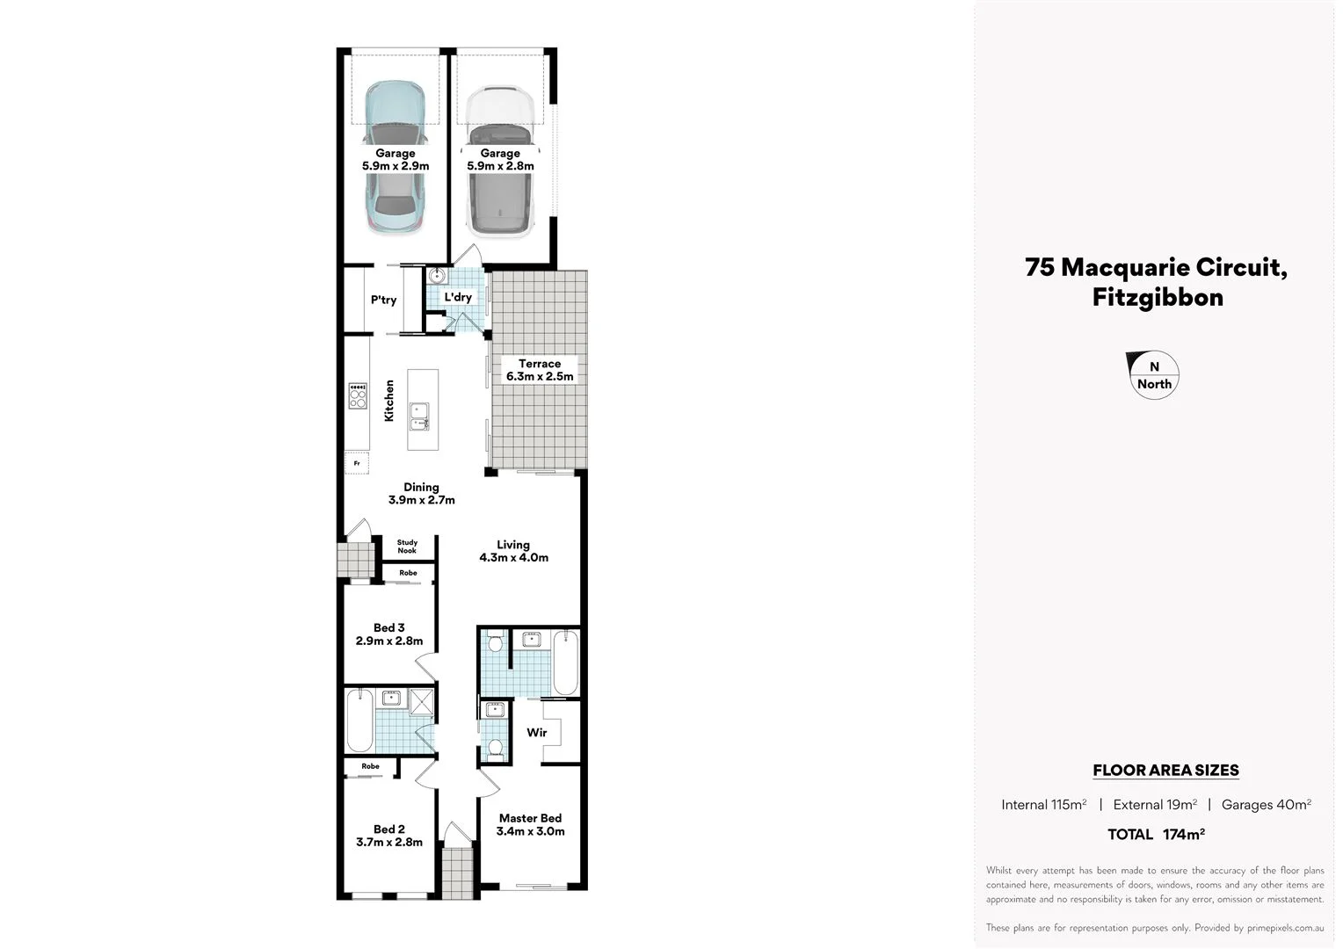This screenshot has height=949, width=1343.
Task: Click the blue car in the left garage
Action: click(x=396, y=158)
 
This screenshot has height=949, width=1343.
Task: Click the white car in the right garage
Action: click(x=500, y=163)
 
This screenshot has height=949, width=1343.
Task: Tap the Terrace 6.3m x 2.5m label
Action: click(x=540, y=370)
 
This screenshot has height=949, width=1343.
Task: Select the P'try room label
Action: click(x=383, y=300)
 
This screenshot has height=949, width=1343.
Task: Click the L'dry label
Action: click(x=458, y=297)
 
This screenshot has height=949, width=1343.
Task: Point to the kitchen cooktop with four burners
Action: click(x=357, y=395)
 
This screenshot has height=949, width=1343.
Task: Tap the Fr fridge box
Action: click(x=357, y=462)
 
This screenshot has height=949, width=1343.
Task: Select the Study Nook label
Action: click(x=407, y=547)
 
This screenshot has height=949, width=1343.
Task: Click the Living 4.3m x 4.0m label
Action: click(x=513, y=551)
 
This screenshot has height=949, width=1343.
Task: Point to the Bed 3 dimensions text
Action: click(x=389, y=641)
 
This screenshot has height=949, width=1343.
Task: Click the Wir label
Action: click(x=536, y=732)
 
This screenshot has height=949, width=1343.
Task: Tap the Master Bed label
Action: click(x=530, y=818)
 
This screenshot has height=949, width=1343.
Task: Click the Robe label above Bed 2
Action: click(x=371, y=766)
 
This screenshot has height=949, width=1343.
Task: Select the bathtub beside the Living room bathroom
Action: click(x=566, y=662)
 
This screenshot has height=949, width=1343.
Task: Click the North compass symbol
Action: click(x=1153, y=375)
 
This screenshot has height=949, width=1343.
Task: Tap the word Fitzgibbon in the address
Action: click(x=1158, y=297)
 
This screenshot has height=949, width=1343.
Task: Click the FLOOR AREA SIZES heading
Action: click(x=1165, y=771)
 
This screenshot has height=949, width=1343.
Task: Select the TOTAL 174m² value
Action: click(x=1156, y=834)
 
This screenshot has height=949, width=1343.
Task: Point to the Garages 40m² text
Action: click(x=1266, y=804)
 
